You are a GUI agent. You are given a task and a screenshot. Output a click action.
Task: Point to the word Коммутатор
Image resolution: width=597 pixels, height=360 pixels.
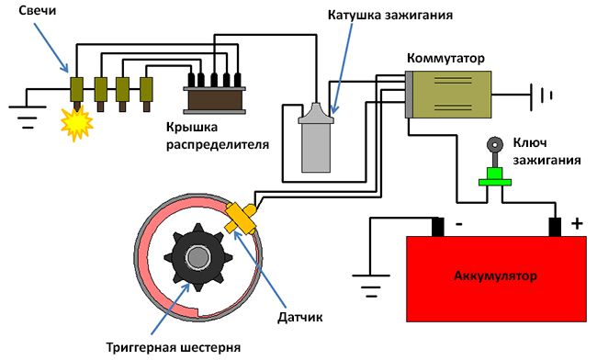pos(445,58)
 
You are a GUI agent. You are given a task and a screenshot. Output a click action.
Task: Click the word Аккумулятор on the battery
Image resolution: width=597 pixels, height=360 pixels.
pos(495,276)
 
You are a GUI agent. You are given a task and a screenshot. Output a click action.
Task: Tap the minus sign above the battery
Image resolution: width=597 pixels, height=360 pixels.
pos(456,222)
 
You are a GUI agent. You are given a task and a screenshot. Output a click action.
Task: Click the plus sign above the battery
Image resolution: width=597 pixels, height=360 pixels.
pos(577,222)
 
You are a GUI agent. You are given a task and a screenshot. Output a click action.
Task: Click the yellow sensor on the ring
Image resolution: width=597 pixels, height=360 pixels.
pos(241,219)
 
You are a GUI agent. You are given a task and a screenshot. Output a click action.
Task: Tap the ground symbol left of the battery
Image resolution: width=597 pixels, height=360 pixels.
pos(370,291)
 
